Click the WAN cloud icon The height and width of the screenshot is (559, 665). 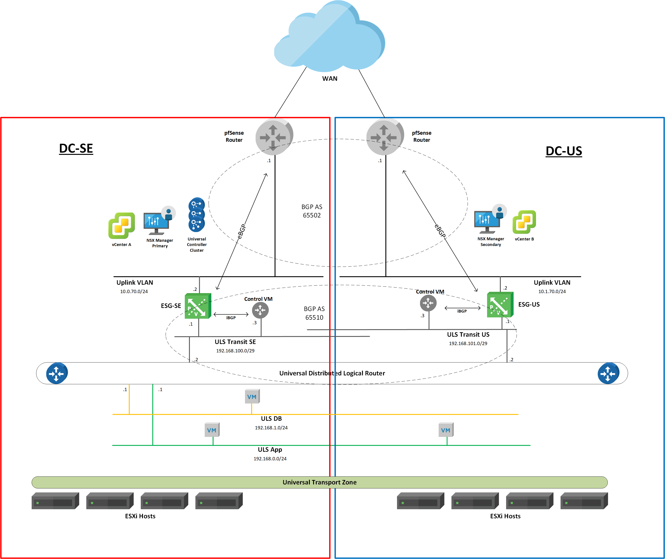(330, 38)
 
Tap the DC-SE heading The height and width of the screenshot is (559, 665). (76, 148)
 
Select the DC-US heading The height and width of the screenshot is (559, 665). (564, 151)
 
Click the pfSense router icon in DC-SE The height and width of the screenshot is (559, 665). (274, 137)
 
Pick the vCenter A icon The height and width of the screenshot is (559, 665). (121, 225)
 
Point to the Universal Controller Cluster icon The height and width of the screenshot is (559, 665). (197, 215)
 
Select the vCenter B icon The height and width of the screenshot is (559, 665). (524, 222)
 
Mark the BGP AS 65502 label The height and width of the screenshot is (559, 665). (312, 211)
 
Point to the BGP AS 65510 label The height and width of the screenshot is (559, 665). (314, 313)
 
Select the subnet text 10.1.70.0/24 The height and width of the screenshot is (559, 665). (552, 292)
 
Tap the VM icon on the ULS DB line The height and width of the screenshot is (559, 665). (252, 396)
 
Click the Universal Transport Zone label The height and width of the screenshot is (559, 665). (320, 482)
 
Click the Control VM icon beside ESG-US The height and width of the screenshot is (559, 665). (428, 303)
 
